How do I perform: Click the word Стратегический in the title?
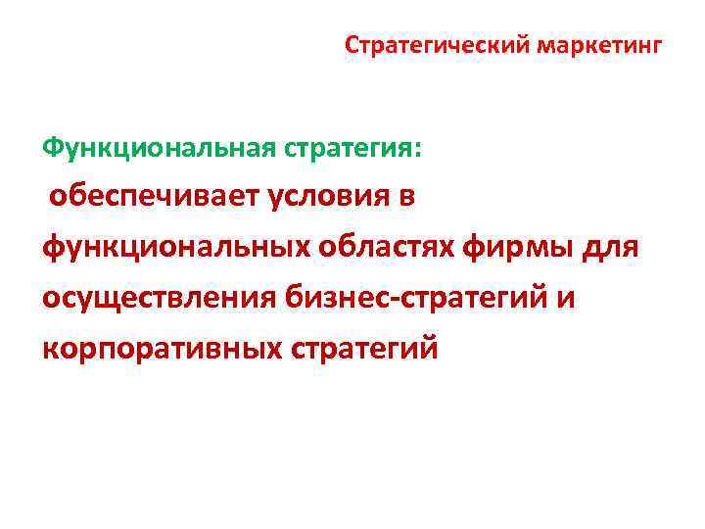click(x=435, y=45)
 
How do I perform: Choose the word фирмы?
click(x=530, y=247)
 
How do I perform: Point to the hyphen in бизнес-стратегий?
click(x=394, y=299)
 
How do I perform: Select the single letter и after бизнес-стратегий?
click(x=566, y=298)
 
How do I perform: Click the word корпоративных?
click(x=160, y=348)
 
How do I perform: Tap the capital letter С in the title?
click(x=352, y=45)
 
